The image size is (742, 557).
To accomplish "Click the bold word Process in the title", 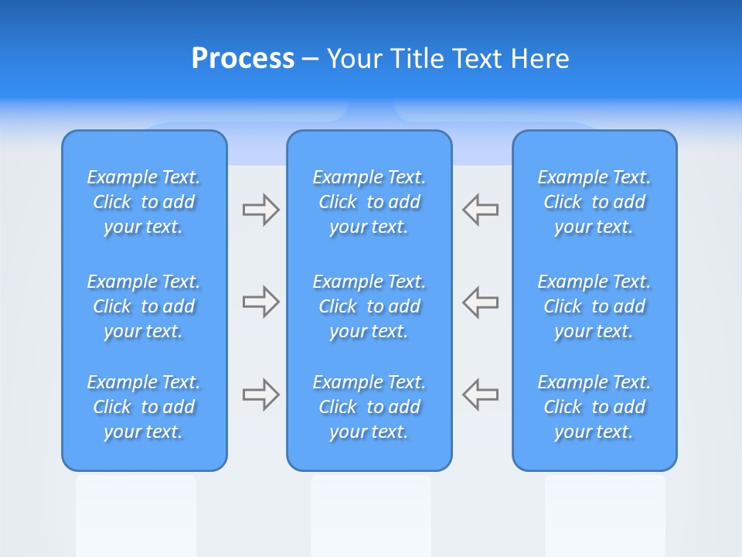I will pyautogui.click(x=243, y=59).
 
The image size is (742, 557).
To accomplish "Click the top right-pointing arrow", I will pyautogui.click(x=260, y=210).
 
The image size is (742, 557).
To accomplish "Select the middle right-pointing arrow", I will pyautogui.click(x=260, y=302).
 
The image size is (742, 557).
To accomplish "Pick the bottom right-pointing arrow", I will pyautogui.click(x=260, y=395).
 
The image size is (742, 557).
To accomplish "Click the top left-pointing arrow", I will pyautogui.click(x=481, y=210).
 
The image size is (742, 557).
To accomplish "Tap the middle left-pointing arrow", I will pyautogui.click(x=481, y=302).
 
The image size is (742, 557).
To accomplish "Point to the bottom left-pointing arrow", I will pyautogui.click(x=481, y=395).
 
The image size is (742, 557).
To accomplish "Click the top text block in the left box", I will pyautogui.click(x=144, y=202).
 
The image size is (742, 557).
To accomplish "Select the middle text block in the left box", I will pyautogui.click(x=144, y=306).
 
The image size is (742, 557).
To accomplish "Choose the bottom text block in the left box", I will pyautogui.click(x=144, y=407).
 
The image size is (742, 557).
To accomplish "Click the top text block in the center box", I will pyautogui.click(x=369, y=202).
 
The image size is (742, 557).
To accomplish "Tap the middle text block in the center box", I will pyautogui.click(x=369, y=306).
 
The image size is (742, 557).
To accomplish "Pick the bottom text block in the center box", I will pyautogui.click(x=369, y=407).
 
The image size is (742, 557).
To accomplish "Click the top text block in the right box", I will pyautogui.click(x=594, y=202).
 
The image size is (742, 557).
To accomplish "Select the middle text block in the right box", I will pyautogui.click(x=594, y=306).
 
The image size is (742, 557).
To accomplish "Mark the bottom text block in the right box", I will pyautogui.click(x=594, y=407).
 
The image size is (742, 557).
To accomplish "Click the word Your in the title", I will pyautogui.click(x=354, y=59).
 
